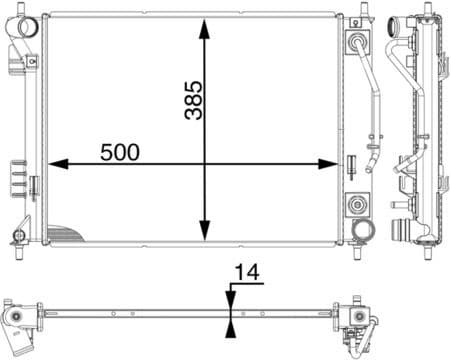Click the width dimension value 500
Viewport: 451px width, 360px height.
119,152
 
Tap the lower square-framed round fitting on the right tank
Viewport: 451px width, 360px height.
357,205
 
